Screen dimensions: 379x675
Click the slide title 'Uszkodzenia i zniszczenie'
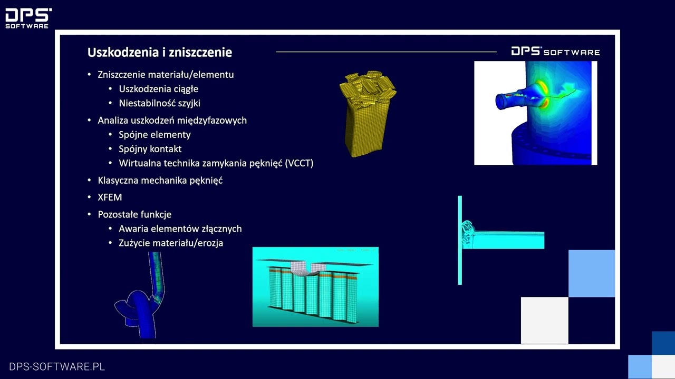click(x=159, y=52)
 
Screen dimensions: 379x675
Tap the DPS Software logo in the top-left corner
click(x=28, y=18)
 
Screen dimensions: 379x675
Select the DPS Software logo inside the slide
click(x=555, y=51)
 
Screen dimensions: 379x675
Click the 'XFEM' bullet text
click(x=110, y=197)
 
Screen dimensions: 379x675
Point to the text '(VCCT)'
click(x=299, y=163)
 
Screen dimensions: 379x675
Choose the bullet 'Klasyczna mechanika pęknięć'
click(x=160, y=181)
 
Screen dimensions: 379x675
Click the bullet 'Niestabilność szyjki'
click(x=159, y=103)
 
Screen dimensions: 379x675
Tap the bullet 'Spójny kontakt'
click(x=150, y=149)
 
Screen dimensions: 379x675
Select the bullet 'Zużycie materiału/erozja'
click(x=171, y=243)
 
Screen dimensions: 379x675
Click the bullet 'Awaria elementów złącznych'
click(x=180, y=228)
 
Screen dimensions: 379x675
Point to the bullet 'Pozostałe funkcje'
click(x=134, y=214)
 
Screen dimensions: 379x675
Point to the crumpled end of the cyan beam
click(x=468, y=234)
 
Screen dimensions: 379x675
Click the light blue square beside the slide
click(x=591, y=273)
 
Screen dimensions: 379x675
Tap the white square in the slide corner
click(x=544, y=320)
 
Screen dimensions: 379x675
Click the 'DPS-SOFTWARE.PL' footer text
click(x=57, y=366)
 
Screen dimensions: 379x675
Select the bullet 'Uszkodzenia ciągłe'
click(x=158, y=89)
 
